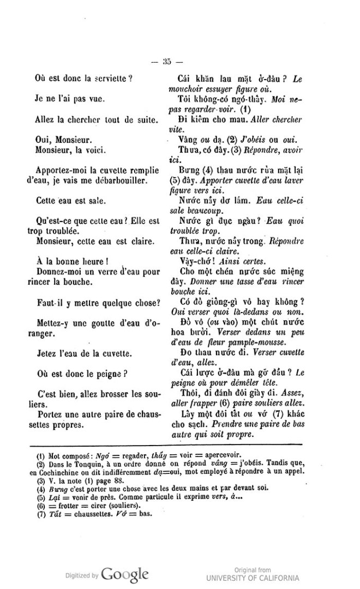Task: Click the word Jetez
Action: pyautogui.click(x=46, y=352)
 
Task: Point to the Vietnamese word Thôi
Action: pyautogui.click(x=189, y=394)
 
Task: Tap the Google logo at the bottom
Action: pyautogui.click(x=125, y=574)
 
